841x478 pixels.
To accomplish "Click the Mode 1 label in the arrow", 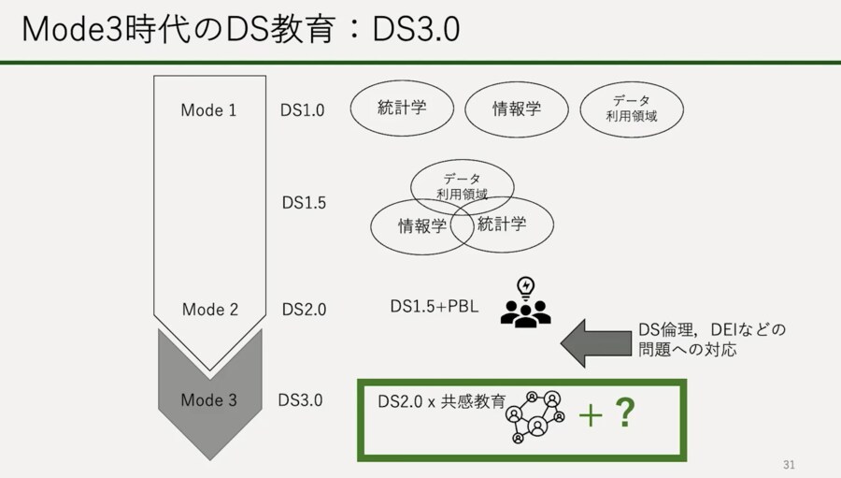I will tap(208, 110).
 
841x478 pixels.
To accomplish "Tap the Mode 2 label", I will tap(209, 310).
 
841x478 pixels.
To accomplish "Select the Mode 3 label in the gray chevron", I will tap(208, 400).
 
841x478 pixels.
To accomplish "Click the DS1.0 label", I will tap(302, 110).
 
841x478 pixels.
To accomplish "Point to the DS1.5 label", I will tap(304, 202).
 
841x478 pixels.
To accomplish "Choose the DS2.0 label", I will tap(304, 310).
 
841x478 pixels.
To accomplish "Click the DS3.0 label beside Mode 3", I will tap(300, 400).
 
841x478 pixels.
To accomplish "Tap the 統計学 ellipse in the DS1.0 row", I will tap(402, 108).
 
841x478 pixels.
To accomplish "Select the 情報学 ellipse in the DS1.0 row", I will tap(517, 109).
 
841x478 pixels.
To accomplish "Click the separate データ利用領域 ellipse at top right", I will tap(632, 109).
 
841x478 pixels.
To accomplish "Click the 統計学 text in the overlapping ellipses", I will tap(502, 224).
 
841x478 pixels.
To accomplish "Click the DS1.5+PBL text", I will tap(435, 306).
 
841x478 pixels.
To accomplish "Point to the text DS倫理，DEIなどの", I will tap(712, 330).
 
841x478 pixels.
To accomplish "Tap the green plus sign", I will tap(591, 415).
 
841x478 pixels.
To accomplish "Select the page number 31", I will tap(789, 465).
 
